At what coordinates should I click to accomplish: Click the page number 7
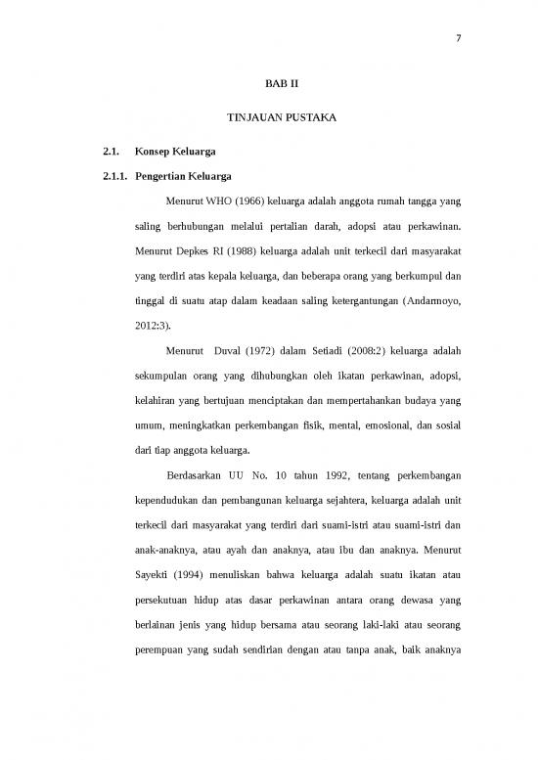tap(458, 39)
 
